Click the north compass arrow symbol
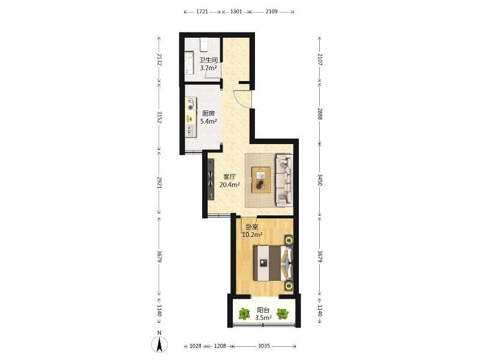[x=160, y=344]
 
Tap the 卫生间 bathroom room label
[x=208, y=59]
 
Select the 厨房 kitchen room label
[x=208, y=113]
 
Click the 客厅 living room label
[x=230, y=177]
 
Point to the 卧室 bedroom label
[x=252, y=227]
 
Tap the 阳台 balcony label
[x=263, y=310]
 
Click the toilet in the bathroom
[x=204, y=44]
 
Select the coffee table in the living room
[x=261, y=180]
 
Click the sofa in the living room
[x=284, y=180]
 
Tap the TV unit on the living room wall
[x=211, y=179]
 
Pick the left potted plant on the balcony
[x=244, y=314]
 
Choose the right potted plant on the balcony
[x=282, y=314]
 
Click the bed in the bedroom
[x=273, y=263]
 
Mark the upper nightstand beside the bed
[x=289, y=239]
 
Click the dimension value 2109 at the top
[x=271, y=11]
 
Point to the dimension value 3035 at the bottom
[x=263, y=346]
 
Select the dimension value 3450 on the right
[x=320, y=180]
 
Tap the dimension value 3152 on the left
[x=159, y=117]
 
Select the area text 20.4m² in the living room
[x=230, y=185]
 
